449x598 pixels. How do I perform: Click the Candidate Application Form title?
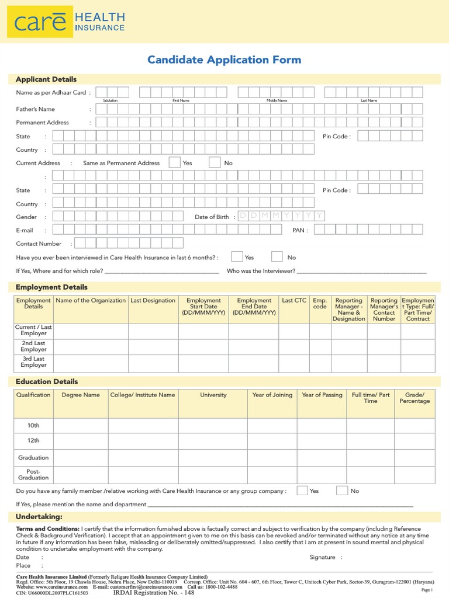point(224,60)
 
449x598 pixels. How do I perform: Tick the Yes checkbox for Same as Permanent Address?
point(174,163)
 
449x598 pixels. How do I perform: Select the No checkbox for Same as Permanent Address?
point(215,163)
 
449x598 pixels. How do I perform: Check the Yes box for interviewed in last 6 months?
point(237,257)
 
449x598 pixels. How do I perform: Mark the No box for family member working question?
point(342,491)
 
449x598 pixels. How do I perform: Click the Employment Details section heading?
point(51,287)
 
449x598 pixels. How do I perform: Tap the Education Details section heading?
point(47,382)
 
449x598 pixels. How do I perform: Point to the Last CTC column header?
point(294,301)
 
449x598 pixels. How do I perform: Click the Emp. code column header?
point(320,304)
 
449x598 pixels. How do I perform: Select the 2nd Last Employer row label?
point(33,346)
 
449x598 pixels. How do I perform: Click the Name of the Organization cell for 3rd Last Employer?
point(91,362)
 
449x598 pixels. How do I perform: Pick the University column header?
point(213,395)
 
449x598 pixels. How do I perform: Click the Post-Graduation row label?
point(33,474)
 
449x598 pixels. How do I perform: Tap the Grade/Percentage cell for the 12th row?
point(414,441)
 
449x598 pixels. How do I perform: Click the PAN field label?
point(299,231)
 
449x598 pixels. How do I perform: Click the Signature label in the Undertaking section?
point(323,558)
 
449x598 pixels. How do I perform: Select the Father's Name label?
point(35,109)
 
